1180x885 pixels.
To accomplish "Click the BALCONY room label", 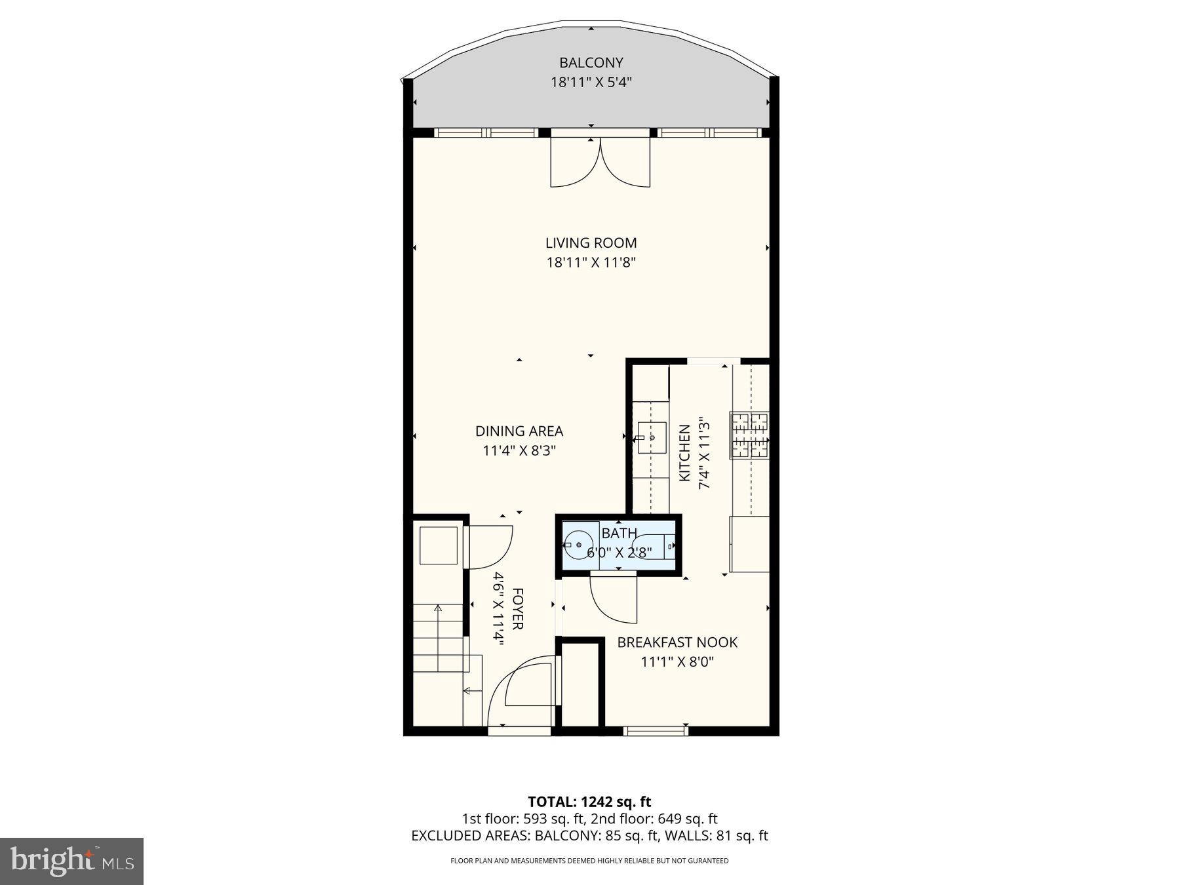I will (591, 63).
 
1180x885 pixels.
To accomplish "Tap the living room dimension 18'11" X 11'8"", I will (591, 263).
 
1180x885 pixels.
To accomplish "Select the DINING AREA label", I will (519, 431).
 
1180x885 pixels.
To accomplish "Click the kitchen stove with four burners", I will (750, 435).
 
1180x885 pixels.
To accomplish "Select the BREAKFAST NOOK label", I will (677, 642).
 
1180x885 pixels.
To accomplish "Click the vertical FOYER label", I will (517, 609).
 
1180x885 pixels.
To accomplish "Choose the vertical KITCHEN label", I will (684, 453).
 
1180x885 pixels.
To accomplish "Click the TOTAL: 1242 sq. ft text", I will (589, 801).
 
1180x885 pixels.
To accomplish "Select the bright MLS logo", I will (71, 861).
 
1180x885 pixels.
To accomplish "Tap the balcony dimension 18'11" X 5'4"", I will (591, 83).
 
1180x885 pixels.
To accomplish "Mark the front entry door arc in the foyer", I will (521, 692).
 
